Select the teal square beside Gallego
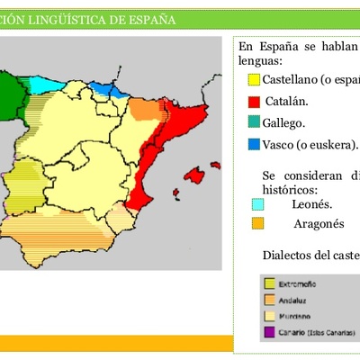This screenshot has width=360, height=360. pyautogui.click(x=254, y=122)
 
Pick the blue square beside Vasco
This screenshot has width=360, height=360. pyautogui.click(x=254, y=144)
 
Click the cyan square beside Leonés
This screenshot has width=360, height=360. pyautogui.click(x=258, y=204)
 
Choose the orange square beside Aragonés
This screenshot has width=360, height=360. pyautogui.click(x=258, y=223)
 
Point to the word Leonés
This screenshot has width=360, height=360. pyautogui.click(x=312, y=204)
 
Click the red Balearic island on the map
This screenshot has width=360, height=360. pyautogui.click(x=195, y=174)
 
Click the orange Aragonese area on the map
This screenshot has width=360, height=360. pyautogui.click(x=141, y=108)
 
